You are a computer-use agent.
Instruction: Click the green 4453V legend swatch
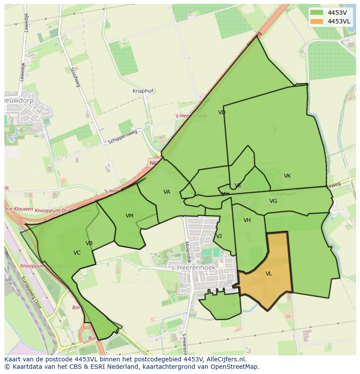317,13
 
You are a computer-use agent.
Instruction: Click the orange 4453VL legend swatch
317,21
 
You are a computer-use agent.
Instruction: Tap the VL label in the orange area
269,274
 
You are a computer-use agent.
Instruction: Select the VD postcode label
222,113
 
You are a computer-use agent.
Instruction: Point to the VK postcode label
287,176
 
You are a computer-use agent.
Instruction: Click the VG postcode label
273,201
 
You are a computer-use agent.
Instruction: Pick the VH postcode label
247,220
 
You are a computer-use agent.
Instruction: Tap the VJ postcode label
219,236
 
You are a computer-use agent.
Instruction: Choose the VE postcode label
238,185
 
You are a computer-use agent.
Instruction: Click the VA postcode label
167,192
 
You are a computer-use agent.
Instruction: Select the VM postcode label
130,216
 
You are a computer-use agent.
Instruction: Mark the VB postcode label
89,243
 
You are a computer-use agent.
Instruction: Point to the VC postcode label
77,253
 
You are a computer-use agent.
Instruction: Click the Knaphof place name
143,91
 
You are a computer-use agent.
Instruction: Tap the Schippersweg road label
123,137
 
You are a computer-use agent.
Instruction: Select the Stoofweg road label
75,77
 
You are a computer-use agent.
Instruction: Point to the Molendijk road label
187,252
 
